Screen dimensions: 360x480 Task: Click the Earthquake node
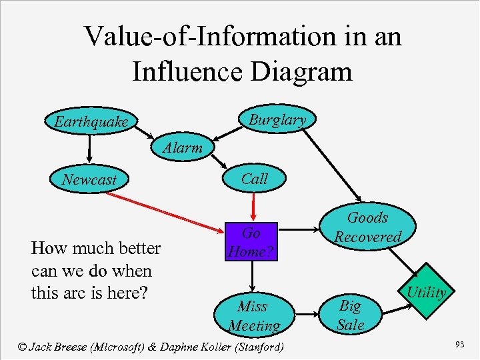pos(91,122)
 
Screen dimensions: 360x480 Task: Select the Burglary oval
pos(276,120)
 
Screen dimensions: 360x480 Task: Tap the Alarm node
pos(182,148)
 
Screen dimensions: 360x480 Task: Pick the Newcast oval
pos(89,179)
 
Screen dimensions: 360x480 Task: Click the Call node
pos(254,179)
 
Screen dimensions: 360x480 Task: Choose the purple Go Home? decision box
pos(251,243)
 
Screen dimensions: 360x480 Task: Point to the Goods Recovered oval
pos(367,227)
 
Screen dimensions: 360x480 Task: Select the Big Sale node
pos(350,315)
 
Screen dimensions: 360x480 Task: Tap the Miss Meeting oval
pos(253,315)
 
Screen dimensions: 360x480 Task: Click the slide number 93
pos(459,344)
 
